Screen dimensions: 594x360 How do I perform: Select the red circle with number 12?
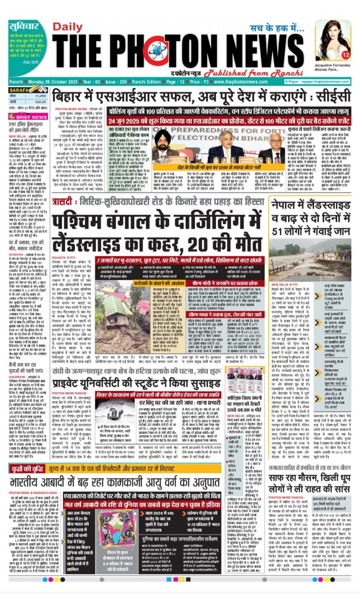pyautogui.click(x=345, y=54)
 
